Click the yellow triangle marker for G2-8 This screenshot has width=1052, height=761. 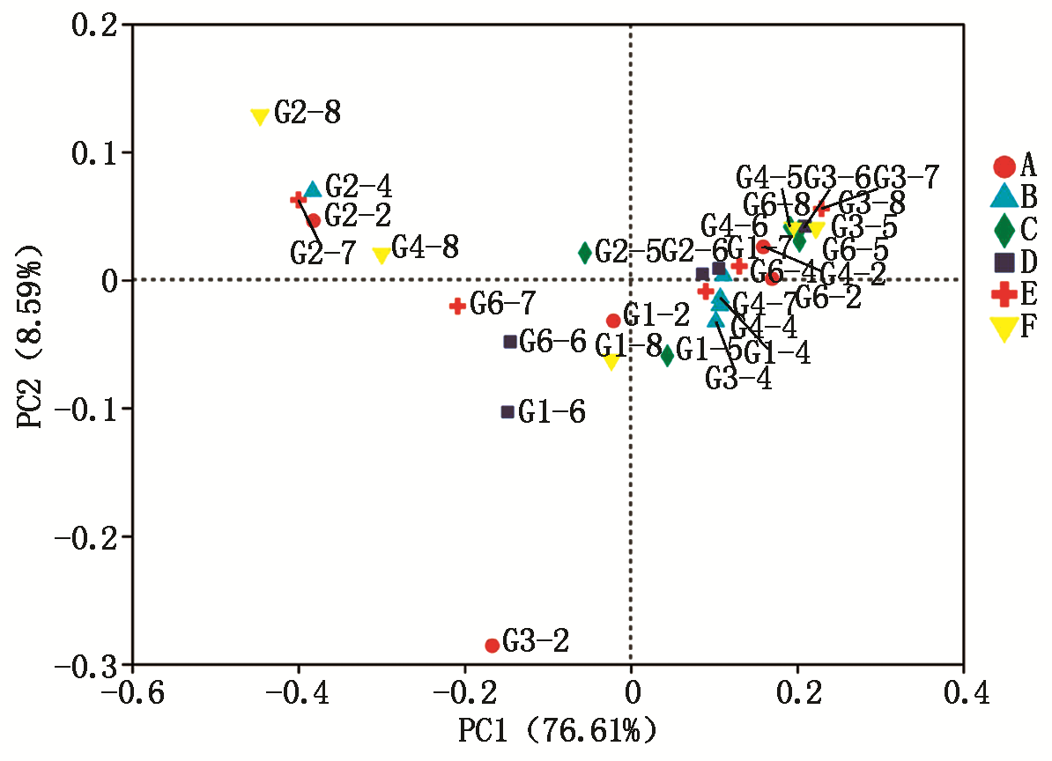click(x=260, y=117)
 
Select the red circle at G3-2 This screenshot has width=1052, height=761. click(x=493, y=646)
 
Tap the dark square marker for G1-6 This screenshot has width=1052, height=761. click(x=507, y=412)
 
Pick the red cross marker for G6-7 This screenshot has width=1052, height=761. click(x=457, y=306)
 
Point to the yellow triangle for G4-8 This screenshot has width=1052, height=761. click(x=382, y=255)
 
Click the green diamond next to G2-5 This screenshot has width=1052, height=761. click(x=585, y=253)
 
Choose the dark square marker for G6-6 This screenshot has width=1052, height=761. click(x=510, y=342)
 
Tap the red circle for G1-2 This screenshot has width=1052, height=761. click(x=613, y=321)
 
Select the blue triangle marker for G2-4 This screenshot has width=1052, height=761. click(x=313, y=189)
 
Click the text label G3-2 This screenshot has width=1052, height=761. click(x=537, y=641)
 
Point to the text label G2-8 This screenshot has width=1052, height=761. click(x=307, y=113)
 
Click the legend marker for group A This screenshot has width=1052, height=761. click(x=1004, y=166)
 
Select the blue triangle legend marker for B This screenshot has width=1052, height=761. click(x=1004, y=196)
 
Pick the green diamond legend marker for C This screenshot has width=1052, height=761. click(x=1004, y=230)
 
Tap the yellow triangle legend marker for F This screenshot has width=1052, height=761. click(x=1004, y=329)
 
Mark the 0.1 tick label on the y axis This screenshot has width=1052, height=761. click(x=95, y=153)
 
